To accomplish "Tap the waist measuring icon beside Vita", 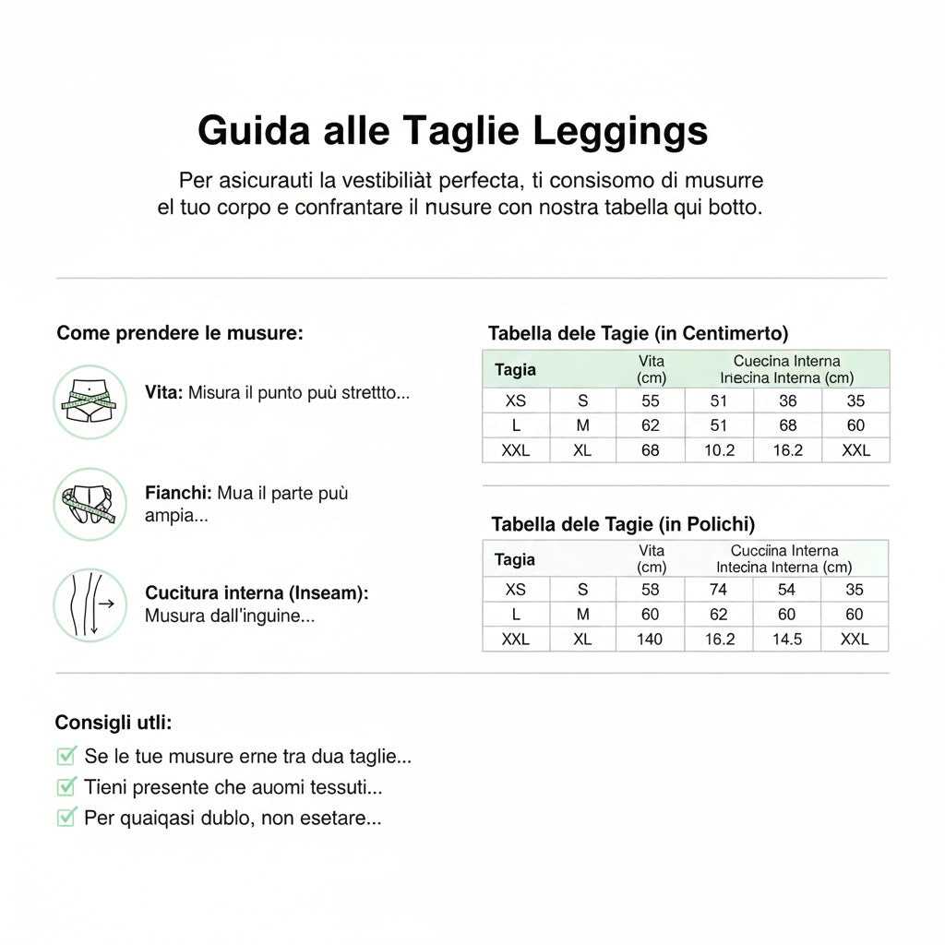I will [90, 401].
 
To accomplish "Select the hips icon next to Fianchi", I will [90, 503].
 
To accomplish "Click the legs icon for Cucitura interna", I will [90, 604].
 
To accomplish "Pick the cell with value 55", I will [651, 401].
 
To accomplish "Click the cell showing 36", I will [787, 401].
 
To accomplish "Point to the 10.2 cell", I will [719, 450].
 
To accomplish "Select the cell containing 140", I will [650, 639].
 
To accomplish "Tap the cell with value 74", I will [719, 590].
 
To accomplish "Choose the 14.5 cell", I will [787, 639].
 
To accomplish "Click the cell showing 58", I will [650, 590].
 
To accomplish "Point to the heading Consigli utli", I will [114, 722].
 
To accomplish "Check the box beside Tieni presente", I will [66, 787].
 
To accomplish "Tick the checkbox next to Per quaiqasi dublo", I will [66, 817].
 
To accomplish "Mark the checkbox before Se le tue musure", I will [66, 757].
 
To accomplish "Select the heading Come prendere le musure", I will [180, 332].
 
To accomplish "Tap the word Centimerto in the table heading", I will [736, 333].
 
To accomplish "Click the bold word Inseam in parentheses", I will [331, 593].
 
